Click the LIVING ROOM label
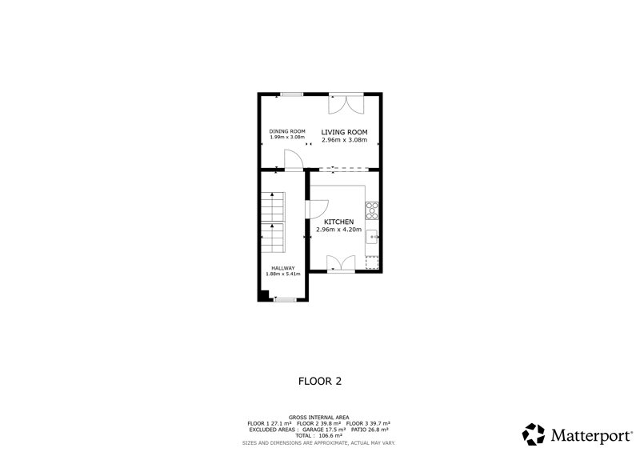344,132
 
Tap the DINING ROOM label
287,131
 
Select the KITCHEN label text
338,222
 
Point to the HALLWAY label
283,268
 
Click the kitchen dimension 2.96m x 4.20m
338,230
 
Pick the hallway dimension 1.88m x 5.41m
283,274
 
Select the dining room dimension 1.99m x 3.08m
287,137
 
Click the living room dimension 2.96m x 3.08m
344,140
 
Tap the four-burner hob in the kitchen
372,210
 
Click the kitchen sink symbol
372,237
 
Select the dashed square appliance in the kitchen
372,262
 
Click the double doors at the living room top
346,104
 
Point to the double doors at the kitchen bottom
341,263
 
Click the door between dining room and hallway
293,160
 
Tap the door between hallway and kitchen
317,209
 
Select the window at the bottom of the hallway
285,300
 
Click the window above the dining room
291,94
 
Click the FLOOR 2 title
320,382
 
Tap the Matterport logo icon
534,434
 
